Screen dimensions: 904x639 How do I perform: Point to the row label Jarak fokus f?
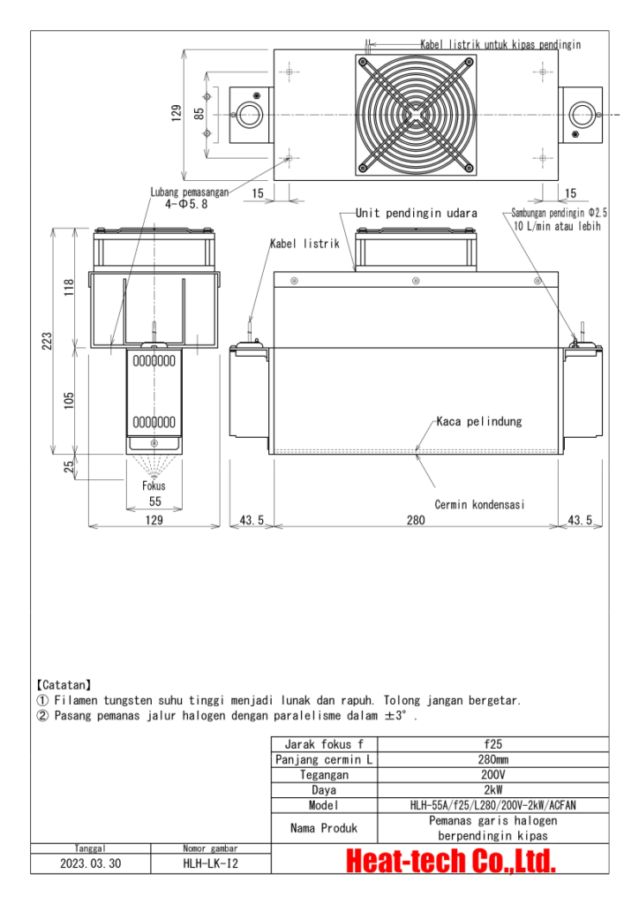(324, 744)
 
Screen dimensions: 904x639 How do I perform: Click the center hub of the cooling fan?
(415, 115)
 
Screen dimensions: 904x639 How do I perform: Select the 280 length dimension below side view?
(415, 521)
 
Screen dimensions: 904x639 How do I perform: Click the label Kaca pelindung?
(479, 421)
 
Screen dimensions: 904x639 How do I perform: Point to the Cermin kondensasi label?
(480, 505)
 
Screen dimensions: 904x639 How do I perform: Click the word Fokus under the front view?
(154, 486)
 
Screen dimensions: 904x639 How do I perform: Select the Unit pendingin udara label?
(416, 214)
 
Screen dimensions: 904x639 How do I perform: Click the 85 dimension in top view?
(199, 115)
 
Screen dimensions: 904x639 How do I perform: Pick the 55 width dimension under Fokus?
(154, 501)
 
